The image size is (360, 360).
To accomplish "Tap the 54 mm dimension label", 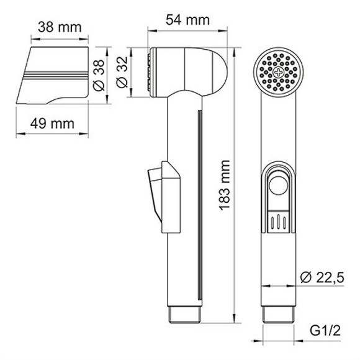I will pyautogui.click(x=187, y=19).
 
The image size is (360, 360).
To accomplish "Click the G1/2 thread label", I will pyautogui.click(x=324, y=340).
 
